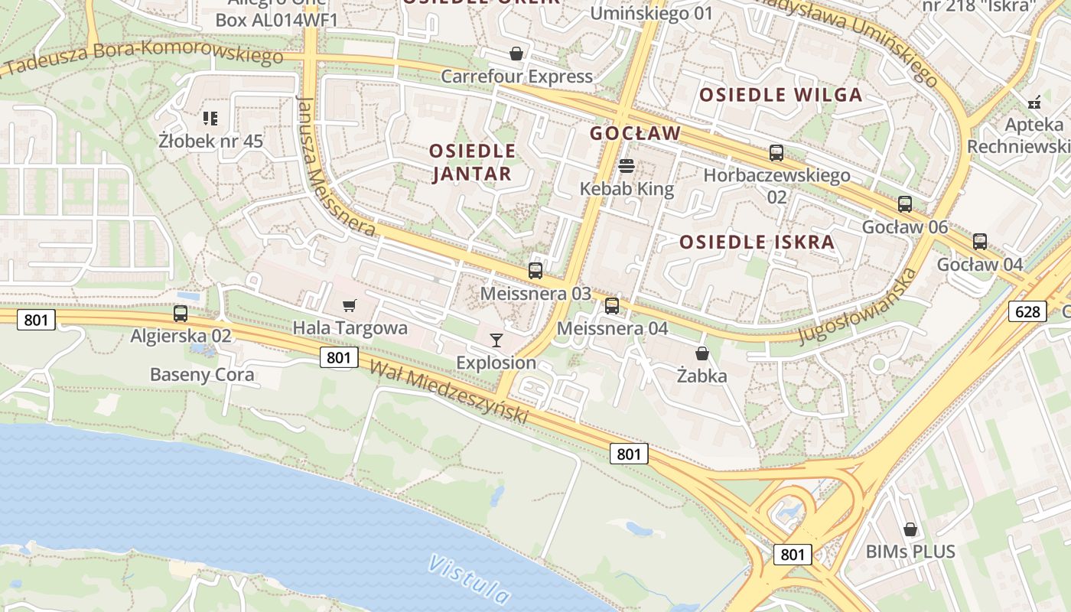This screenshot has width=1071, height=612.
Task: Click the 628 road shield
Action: (x=1027, y=311)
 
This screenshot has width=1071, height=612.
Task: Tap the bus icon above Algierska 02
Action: (x=181, y=313)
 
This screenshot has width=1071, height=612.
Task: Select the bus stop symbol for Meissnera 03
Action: (x=535, y=270)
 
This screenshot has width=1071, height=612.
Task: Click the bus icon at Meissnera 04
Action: (x=612, y=306)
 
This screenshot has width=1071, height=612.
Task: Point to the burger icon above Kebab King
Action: (x=627, y=166)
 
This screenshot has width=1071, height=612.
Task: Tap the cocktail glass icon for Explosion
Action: (x=496, y=340)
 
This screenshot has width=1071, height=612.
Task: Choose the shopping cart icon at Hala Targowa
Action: (x=350, y=306)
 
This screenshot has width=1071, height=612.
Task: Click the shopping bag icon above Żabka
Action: (x=702, y=353)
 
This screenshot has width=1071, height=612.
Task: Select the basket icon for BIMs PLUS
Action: (x=910, y=529)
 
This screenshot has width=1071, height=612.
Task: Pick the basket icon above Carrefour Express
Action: (x=516, y=54)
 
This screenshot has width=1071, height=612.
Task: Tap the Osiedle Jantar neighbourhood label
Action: (x=472, y=162)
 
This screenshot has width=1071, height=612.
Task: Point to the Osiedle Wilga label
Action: (x=781, y=96)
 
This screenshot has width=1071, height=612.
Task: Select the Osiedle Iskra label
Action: (x=757, y=243)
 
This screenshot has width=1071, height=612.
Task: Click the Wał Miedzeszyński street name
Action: (x=449, y=392)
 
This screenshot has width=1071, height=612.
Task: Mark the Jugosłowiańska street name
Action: (x=858, y=307)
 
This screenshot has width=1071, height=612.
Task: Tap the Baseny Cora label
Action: (x=202, y=375)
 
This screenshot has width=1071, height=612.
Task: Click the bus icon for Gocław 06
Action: (x=905, y=204)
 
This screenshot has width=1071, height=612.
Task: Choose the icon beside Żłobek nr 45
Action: (x=210, y=119)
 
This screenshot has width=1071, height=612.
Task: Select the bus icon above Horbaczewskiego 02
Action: (x=776, y=153)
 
